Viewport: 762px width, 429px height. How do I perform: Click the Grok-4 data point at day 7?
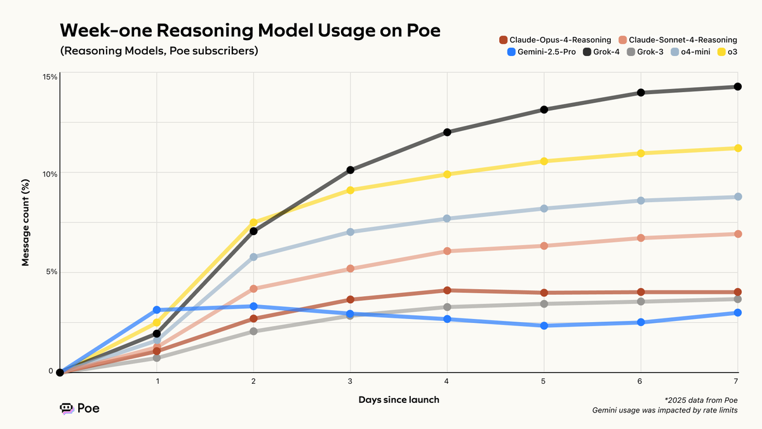(x=737, y=86)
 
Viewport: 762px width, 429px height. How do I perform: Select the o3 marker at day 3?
(x=351, y=190)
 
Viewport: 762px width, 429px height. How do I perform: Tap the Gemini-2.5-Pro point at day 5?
(x=544, y=325)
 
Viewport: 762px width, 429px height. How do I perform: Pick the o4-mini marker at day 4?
(x=447, y=219)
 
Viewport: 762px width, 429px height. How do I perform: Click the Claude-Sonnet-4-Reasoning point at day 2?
(x=253, y=289)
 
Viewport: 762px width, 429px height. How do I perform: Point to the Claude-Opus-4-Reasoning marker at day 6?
(x=641, y=292)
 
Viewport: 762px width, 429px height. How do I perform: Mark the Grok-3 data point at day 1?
(x=157, y=358)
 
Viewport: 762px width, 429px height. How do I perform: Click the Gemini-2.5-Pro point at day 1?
(x=157, y=310)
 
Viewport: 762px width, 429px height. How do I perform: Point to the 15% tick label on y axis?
(x=50, y=77)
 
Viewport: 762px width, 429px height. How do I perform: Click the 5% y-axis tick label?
(x=52, y=271)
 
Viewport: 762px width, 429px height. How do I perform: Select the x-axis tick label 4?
(x=447, y=381)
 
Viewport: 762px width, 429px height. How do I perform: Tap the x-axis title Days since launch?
(x=398, y=400)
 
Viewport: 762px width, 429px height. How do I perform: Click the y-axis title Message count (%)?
(x=26, y=223)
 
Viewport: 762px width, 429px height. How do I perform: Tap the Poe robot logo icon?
(x=67, y=409)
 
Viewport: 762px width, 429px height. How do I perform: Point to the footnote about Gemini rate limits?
(x=664, y=410)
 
